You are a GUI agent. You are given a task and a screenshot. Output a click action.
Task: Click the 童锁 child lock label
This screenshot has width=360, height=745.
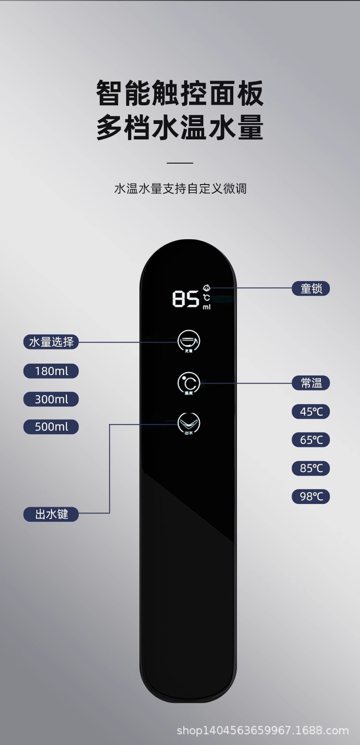click(311, 288)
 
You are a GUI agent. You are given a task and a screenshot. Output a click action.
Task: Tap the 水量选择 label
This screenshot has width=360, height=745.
click(51, 342)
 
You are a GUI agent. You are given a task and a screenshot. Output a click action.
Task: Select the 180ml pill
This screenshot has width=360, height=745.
click(51, 371)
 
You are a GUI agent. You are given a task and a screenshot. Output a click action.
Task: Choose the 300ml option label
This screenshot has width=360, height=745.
click(51, 399)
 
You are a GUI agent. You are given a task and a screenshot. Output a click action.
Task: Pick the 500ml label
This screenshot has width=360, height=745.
click(51, 427)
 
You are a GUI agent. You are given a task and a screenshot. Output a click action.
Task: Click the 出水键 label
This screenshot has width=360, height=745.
click(51, 514)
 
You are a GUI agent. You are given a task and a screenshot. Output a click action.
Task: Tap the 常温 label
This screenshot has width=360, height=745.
click(311, 383)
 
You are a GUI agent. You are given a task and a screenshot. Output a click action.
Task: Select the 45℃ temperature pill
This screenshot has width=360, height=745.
click(311, 411)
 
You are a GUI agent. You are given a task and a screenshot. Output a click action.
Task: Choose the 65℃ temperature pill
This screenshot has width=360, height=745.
click(311, 440)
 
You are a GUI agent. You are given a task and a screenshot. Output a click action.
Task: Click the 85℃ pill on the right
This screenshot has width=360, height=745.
click(311, 468)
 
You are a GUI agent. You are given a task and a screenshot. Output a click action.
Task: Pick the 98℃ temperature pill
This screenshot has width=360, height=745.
click(311, 496)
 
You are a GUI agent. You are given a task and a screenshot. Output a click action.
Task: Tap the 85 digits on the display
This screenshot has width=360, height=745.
click(185, 299)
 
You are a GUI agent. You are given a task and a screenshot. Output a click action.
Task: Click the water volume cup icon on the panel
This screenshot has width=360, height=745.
click(189, 341)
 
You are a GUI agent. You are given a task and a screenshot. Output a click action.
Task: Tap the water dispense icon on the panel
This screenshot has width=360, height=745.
click(189, 423)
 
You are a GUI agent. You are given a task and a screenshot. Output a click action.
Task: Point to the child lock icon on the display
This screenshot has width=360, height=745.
click(206, 288)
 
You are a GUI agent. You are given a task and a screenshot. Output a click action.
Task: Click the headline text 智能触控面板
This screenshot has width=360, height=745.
click(180, 93)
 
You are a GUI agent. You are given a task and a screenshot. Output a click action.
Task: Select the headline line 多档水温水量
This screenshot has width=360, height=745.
click(180, 127)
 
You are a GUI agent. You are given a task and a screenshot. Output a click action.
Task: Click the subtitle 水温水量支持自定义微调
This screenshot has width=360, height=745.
click(180, 188)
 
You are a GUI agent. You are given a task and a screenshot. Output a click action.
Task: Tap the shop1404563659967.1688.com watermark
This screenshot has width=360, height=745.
click(263, 730)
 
